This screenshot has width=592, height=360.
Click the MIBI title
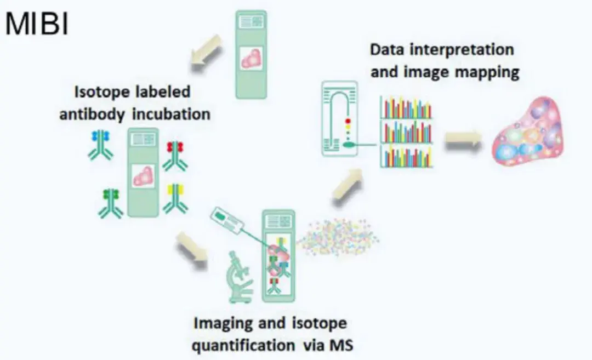click(x=37, y=24)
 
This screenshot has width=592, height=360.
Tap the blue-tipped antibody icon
click(x=100, y=145)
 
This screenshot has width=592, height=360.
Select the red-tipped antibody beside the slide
click(x=175, y=156)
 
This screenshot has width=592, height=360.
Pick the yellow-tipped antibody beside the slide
click(x=175, y=198)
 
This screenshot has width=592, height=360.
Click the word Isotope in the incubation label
click(x=98, y=92)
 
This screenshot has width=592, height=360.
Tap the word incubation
click(x=172, y=114)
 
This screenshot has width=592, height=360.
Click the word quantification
click(x=244, y=346)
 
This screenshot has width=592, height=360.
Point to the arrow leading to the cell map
click(x=463, y=141)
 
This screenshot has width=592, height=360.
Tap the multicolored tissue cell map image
click(x=527, y=130)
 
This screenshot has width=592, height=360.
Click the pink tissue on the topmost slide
click(x=252, y=58)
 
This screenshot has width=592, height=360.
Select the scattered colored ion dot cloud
click(x=337, y=237)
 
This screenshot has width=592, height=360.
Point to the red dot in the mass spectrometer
click(x=348, y=122)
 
